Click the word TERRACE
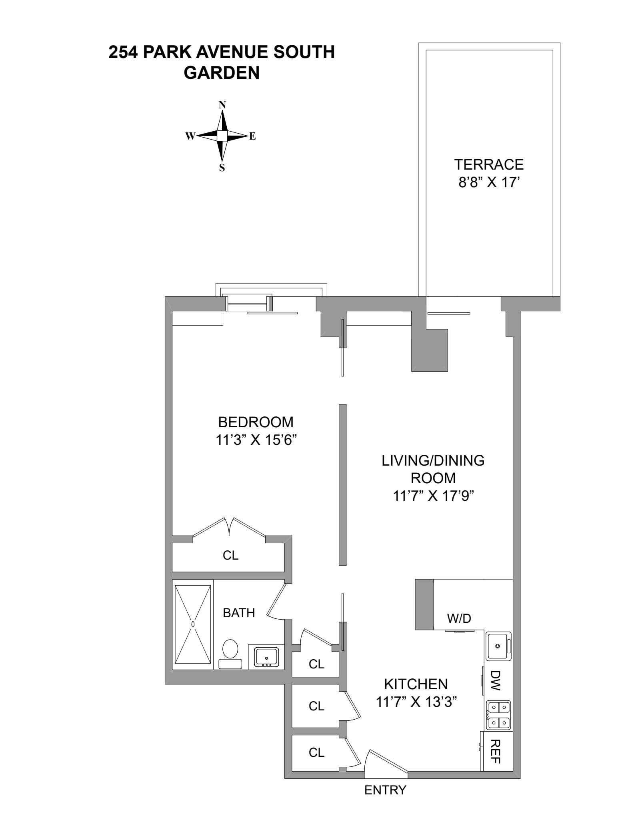(x=488, y=164)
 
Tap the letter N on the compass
(x=222, y=105)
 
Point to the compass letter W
(x=190, y=136)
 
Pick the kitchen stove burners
(x=498, y=714)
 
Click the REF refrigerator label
(x=496, y=751)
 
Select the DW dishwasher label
(x=496, y=680)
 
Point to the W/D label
(x=459, y=618)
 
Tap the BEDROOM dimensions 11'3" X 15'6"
(x=256, y=440)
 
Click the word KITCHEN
(x=416, y=684)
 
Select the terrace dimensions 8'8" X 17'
(x=488, y=183)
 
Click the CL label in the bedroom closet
(x=230, y=555)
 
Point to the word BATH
(x=239, y=612)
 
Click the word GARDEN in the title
(x=222, y=73)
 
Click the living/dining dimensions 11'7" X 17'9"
(x=433, y=496)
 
